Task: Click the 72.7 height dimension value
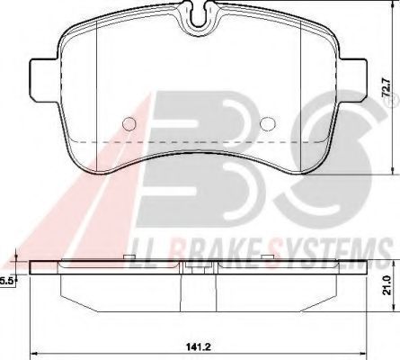point(387,91)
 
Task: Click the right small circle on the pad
point(265,125)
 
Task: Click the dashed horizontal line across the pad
point(198,143)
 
